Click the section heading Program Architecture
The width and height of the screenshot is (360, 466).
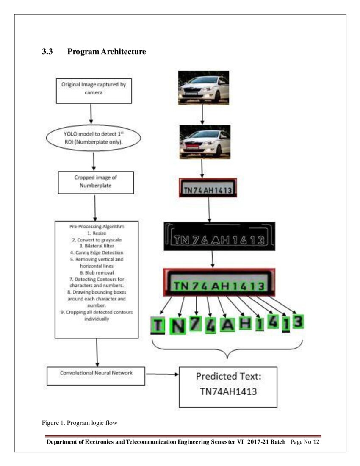[106, 52]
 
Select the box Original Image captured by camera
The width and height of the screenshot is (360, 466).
[94, 89]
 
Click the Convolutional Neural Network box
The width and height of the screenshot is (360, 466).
[96, 374]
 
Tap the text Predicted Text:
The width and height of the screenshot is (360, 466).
[228, 376]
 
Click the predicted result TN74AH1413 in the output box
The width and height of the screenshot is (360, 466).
[228, 391]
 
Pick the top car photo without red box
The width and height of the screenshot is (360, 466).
[203, 87]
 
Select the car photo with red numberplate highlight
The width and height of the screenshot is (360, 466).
[205, 142]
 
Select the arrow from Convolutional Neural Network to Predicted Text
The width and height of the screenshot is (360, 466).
[162, 374]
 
